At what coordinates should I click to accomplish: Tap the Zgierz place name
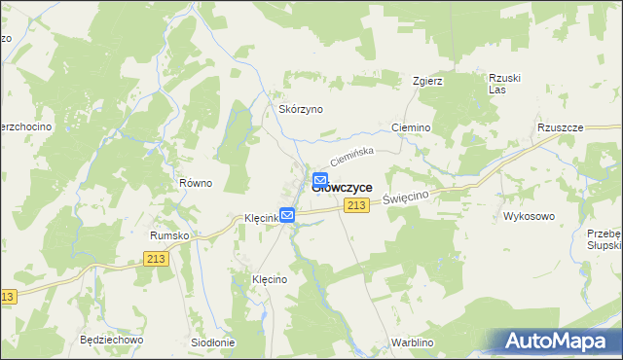[x=427, y=81]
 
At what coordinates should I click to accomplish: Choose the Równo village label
[x=196, y=183]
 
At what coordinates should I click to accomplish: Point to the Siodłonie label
[x=213, y=342]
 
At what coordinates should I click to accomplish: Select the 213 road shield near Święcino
[x=356, y=204]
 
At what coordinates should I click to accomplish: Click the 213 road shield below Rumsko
[x=155, y=258]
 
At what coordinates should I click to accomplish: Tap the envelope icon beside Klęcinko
[x=287, y=215]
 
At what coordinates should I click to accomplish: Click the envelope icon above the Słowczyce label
[x=320, y=180]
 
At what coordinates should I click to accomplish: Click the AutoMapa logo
[x=556, y=341]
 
